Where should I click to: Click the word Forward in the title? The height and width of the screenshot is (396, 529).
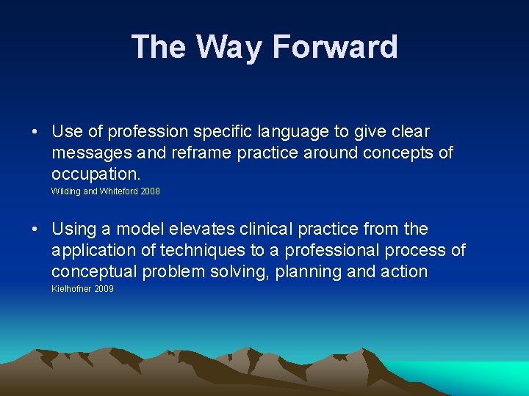(335, 47)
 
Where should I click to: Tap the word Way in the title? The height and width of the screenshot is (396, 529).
(231, 47)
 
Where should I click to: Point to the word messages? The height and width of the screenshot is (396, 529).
(84, 153)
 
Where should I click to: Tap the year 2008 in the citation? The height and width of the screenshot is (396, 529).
(148, 191)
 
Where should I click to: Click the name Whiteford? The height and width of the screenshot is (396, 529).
(116, 191)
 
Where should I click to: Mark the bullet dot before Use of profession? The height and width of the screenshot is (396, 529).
(35, 133)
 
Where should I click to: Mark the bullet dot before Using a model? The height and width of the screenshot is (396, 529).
(35, 230)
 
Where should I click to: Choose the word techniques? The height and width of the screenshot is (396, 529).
(204, 251)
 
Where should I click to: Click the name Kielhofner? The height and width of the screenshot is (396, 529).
(70, 289)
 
